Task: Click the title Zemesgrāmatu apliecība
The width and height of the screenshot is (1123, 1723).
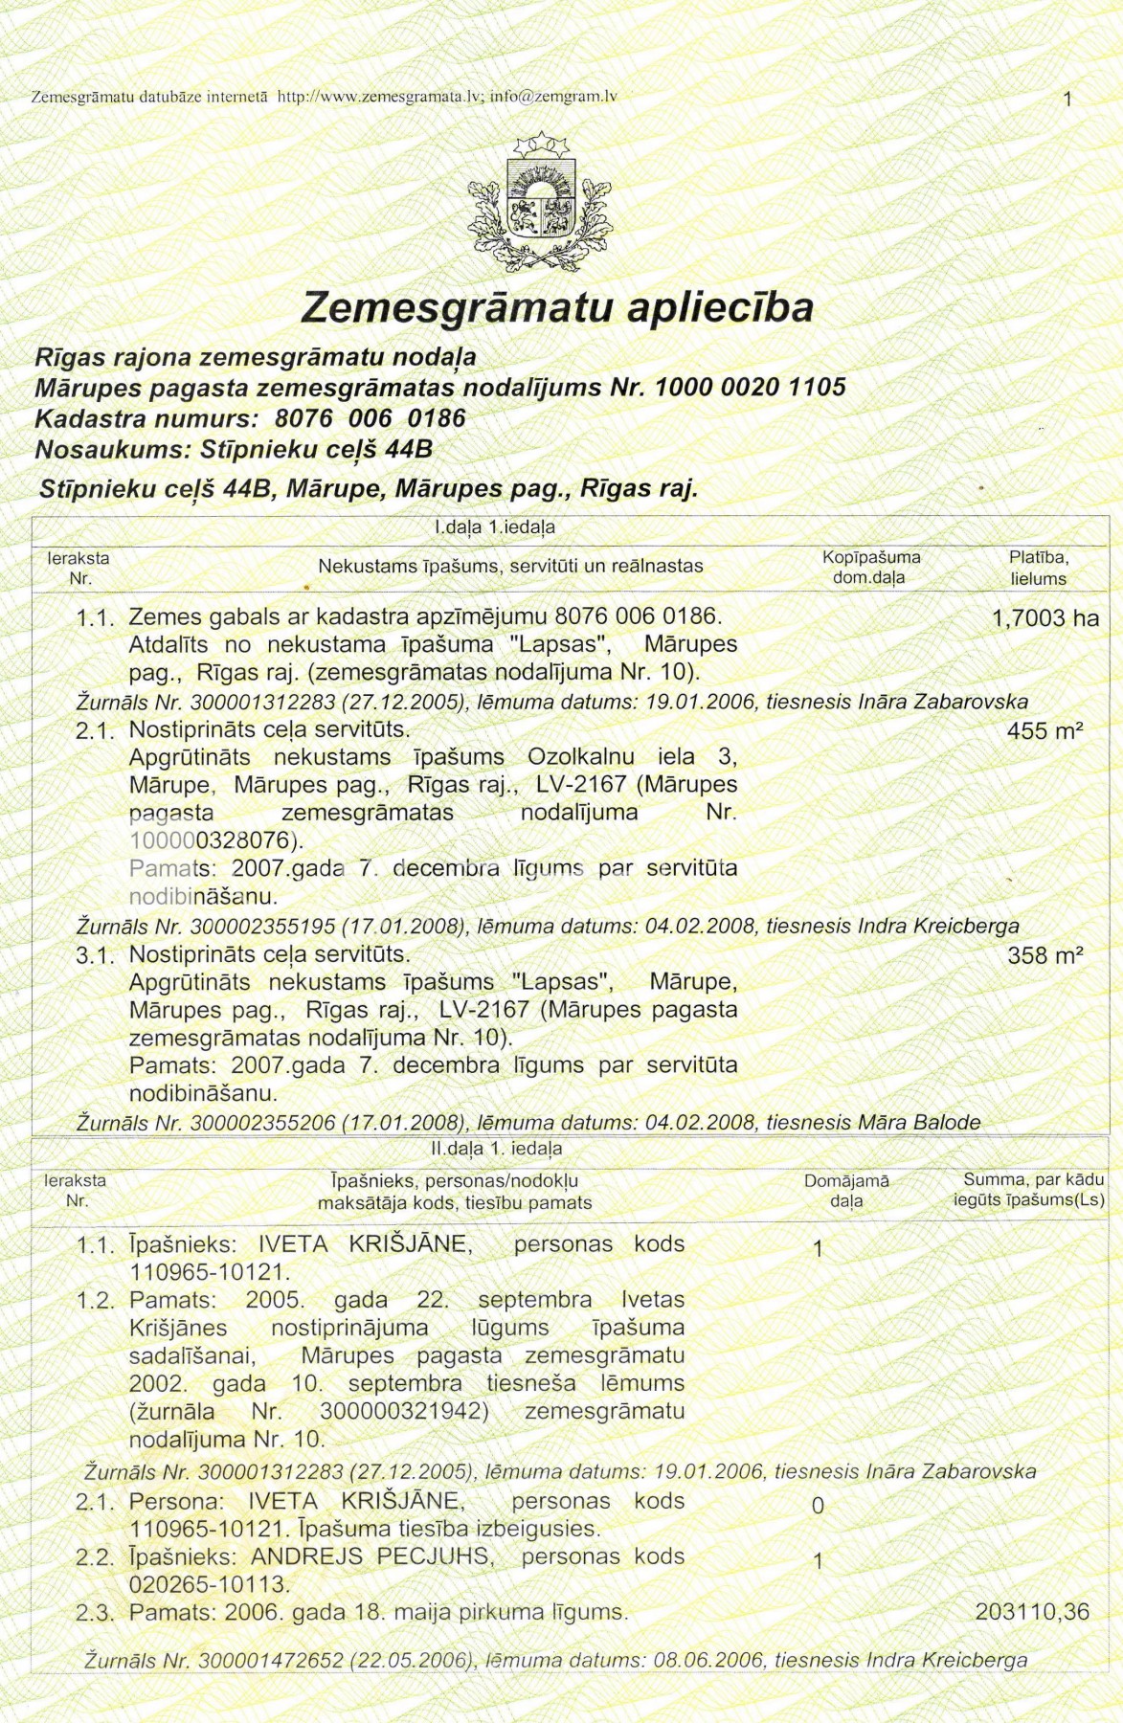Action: point(557,307)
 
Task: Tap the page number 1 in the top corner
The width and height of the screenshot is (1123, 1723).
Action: point(1067,99)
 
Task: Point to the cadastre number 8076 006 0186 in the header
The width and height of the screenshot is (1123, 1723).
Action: point(370,418)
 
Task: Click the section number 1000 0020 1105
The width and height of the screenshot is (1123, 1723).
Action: point(750,388)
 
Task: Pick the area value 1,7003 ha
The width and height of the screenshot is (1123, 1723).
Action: point(1045,618)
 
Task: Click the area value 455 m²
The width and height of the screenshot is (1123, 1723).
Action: point(1044,731)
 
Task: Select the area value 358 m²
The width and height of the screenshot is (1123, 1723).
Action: point(1044,955)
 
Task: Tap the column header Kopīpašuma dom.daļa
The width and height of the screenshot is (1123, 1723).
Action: point(870,568)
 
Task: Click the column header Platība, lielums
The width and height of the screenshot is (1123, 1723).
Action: point(1038,568)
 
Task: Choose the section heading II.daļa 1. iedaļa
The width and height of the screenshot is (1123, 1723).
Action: point(496,1149)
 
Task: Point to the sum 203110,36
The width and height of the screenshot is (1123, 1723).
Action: point(1032,1612)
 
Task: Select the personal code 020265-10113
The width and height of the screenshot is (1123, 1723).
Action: point(209,1584)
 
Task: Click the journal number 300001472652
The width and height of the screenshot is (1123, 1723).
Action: point(270,1661)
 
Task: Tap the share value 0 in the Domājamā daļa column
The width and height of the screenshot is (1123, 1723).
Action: point(818,1506)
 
